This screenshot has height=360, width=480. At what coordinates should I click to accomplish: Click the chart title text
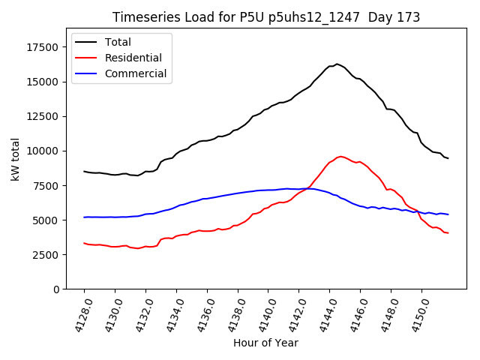(x=266, y=17)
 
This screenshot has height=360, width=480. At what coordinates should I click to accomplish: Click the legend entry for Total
(x=118, y=42)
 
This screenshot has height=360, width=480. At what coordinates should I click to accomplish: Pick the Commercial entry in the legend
(x=135, y=73)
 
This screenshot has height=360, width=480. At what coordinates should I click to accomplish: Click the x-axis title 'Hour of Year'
(x=265, y=343)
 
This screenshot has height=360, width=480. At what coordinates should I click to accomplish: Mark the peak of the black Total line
(x=337, y=64)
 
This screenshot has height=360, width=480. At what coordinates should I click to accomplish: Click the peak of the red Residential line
(x=340, y=156)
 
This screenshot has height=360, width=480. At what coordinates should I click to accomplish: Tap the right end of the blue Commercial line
(x=448, y=214)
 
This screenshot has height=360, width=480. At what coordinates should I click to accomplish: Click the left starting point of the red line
(x=84, y=243)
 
